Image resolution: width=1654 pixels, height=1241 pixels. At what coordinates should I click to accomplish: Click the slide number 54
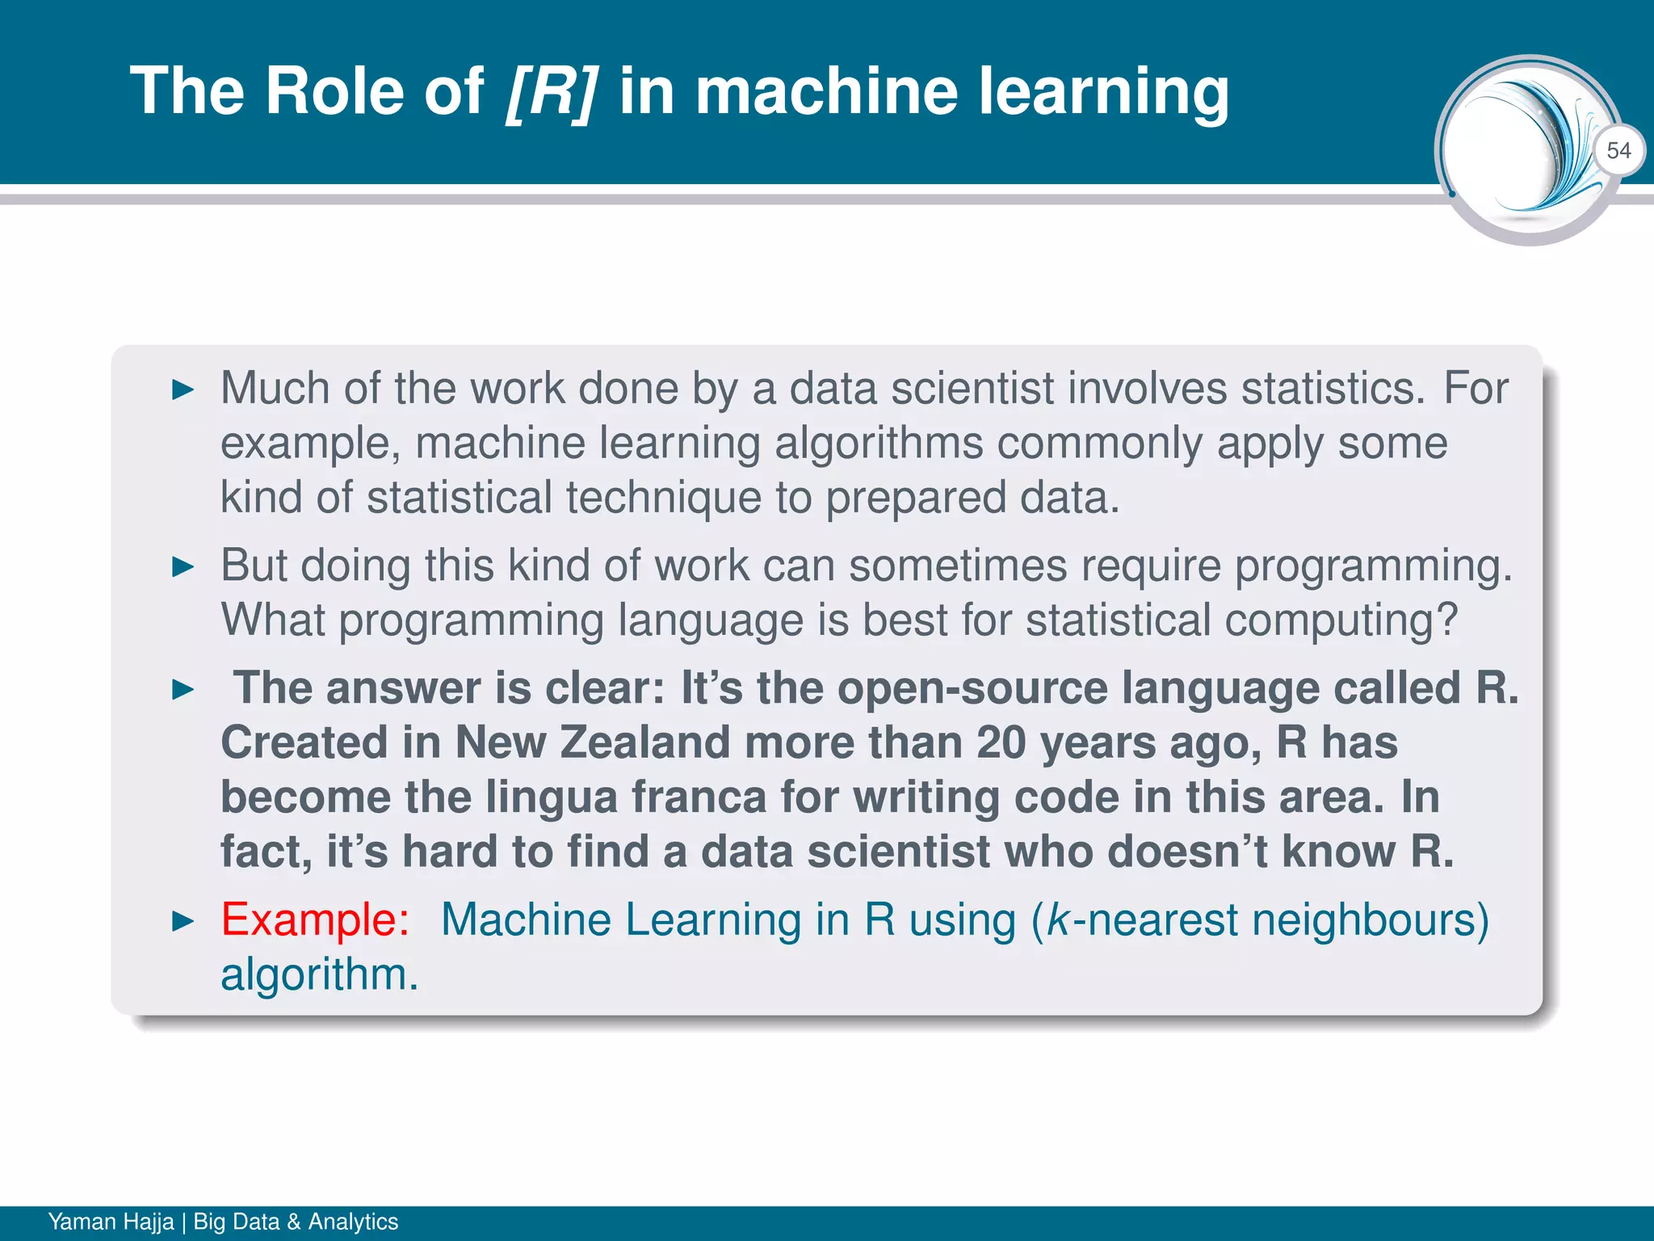tap(1618, 150)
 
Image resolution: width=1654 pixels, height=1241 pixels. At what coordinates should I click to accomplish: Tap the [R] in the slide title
tap(552, 91)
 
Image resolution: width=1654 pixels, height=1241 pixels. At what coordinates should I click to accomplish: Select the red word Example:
tap(315, 919)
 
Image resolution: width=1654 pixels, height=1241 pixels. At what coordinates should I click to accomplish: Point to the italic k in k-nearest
tap(1056, 919)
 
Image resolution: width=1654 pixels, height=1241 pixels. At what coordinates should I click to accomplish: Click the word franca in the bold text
tap(698, 797)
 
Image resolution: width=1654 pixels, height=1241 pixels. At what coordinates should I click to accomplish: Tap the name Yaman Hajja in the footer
tap(111, 1222)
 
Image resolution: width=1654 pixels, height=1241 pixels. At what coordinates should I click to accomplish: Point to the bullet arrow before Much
tap(183, 390)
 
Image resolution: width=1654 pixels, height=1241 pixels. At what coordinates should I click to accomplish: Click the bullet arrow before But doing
tap(183, 567)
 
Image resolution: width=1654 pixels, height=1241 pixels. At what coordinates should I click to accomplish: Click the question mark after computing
tap(1446, 620)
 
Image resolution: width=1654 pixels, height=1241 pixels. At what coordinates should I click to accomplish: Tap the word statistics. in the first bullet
tap(1333, 389)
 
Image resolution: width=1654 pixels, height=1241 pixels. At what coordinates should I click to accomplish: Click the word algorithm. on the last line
tap(320, 974)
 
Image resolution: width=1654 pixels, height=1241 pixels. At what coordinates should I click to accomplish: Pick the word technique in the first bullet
tap(663, 498)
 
